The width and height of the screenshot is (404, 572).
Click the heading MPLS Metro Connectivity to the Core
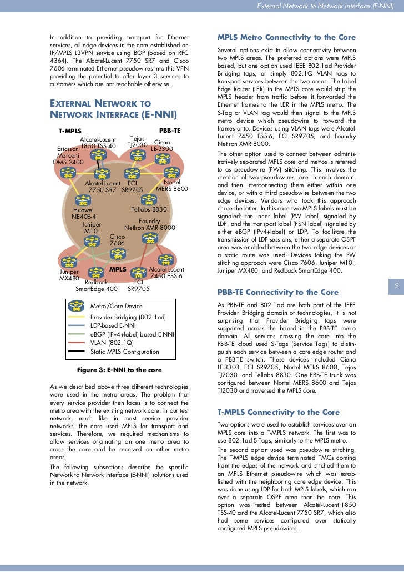[286, 38]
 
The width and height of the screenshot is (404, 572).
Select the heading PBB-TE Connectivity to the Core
[278, 292]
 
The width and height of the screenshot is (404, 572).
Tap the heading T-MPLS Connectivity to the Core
[276, 412]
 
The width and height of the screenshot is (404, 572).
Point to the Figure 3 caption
[119, 370]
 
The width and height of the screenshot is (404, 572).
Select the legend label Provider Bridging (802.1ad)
[128, 317]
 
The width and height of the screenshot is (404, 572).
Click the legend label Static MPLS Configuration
[124, 352]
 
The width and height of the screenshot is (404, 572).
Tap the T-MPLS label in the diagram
[70, 131]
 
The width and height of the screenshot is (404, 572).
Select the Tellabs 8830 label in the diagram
[149, 209]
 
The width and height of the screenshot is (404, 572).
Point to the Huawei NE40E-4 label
[84, 213]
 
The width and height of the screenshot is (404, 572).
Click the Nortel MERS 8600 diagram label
[172, 185]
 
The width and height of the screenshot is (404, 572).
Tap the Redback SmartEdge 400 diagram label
[97, 285]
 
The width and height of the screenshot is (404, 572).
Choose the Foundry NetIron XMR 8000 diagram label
[149, 224]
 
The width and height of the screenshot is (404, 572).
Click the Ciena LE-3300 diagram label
[162, 145]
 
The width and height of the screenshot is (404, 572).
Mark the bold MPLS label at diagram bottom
[118, 269]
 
